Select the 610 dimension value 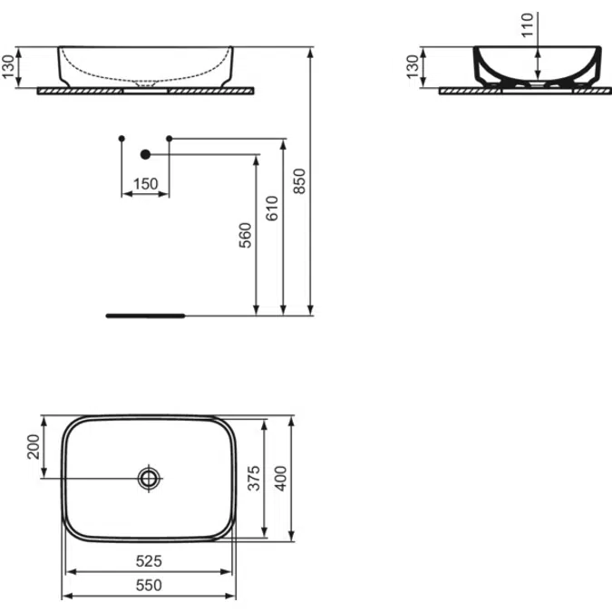coord(272,209)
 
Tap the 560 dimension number coord(246,235)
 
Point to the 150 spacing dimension coord(145,184)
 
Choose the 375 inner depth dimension coord(255,478)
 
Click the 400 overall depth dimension coord(282,478)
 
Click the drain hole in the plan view coord(149,477)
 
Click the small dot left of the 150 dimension coord(121,138)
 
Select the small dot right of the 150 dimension coord(170,138)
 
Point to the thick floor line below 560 coord(145,316)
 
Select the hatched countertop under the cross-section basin coord(481,92)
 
